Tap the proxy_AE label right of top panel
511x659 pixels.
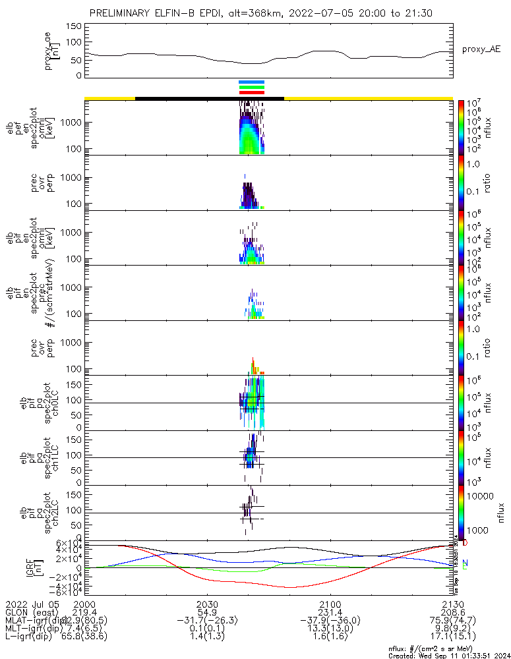coord(481,49)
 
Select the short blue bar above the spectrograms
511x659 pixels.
coord(252,82)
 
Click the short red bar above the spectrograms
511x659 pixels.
coord(252,92)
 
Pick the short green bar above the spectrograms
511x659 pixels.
coord(252,87)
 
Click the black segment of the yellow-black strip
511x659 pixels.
coord(209,98)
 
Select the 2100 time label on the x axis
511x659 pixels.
coord(330,604)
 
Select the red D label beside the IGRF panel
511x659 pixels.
coord(466,543)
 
